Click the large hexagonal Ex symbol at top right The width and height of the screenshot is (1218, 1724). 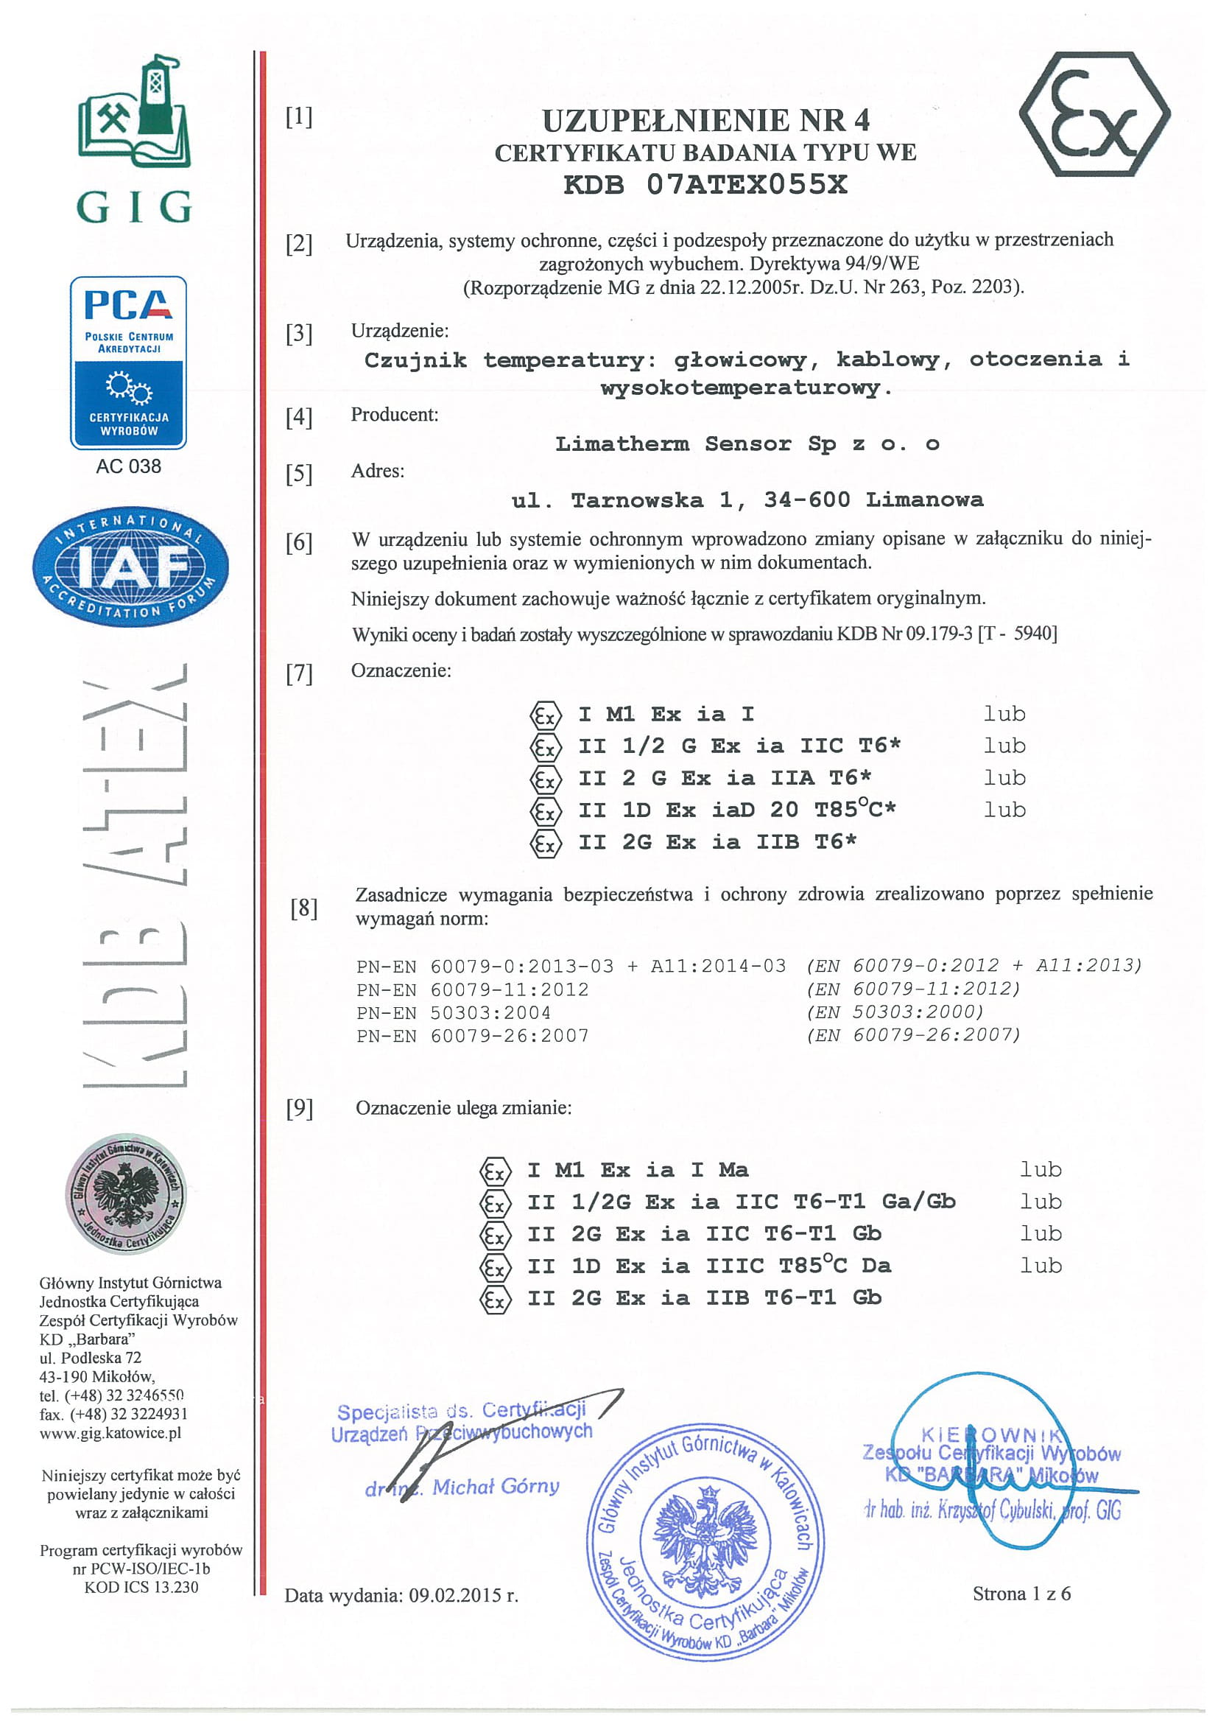[x=1094, y=114]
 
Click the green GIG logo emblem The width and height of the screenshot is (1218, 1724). [x=135, y=113]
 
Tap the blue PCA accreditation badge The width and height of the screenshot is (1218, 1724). [x=128, y=362]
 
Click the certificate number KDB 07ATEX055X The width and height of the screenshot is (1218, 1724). [x=705, y=185]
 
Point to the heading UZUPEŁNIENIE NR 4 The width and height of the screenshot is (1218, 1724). [x=705, y=120]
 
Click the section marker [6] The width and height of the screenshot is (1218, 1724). [x=299, y=542]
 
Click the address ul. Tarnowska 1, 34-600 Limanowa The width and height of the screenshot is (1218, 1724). [x=747, y=500]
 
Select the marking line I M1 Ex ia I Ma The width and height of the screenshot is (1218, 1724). [x=637, y=1170]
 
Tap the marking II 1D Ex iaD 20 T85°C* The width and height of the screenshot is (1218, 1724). [x=736, y=810]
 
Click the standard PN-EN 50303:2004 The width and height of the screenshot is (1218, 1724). [x=454, y=1013]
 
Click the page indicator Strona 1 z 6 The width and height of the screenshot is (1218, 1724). [x=1021, y=1594]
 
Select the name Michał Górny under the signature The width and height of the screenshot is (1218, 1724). [x=496, y=1487]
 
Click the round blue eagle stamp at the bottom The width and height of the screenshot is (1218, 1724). [x=705, y=1539]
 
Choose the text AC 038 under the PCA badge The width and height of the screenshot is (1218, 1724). [x=128, y=466]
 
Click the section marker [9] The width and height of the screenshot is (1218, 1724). [x=299, y=1108]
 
